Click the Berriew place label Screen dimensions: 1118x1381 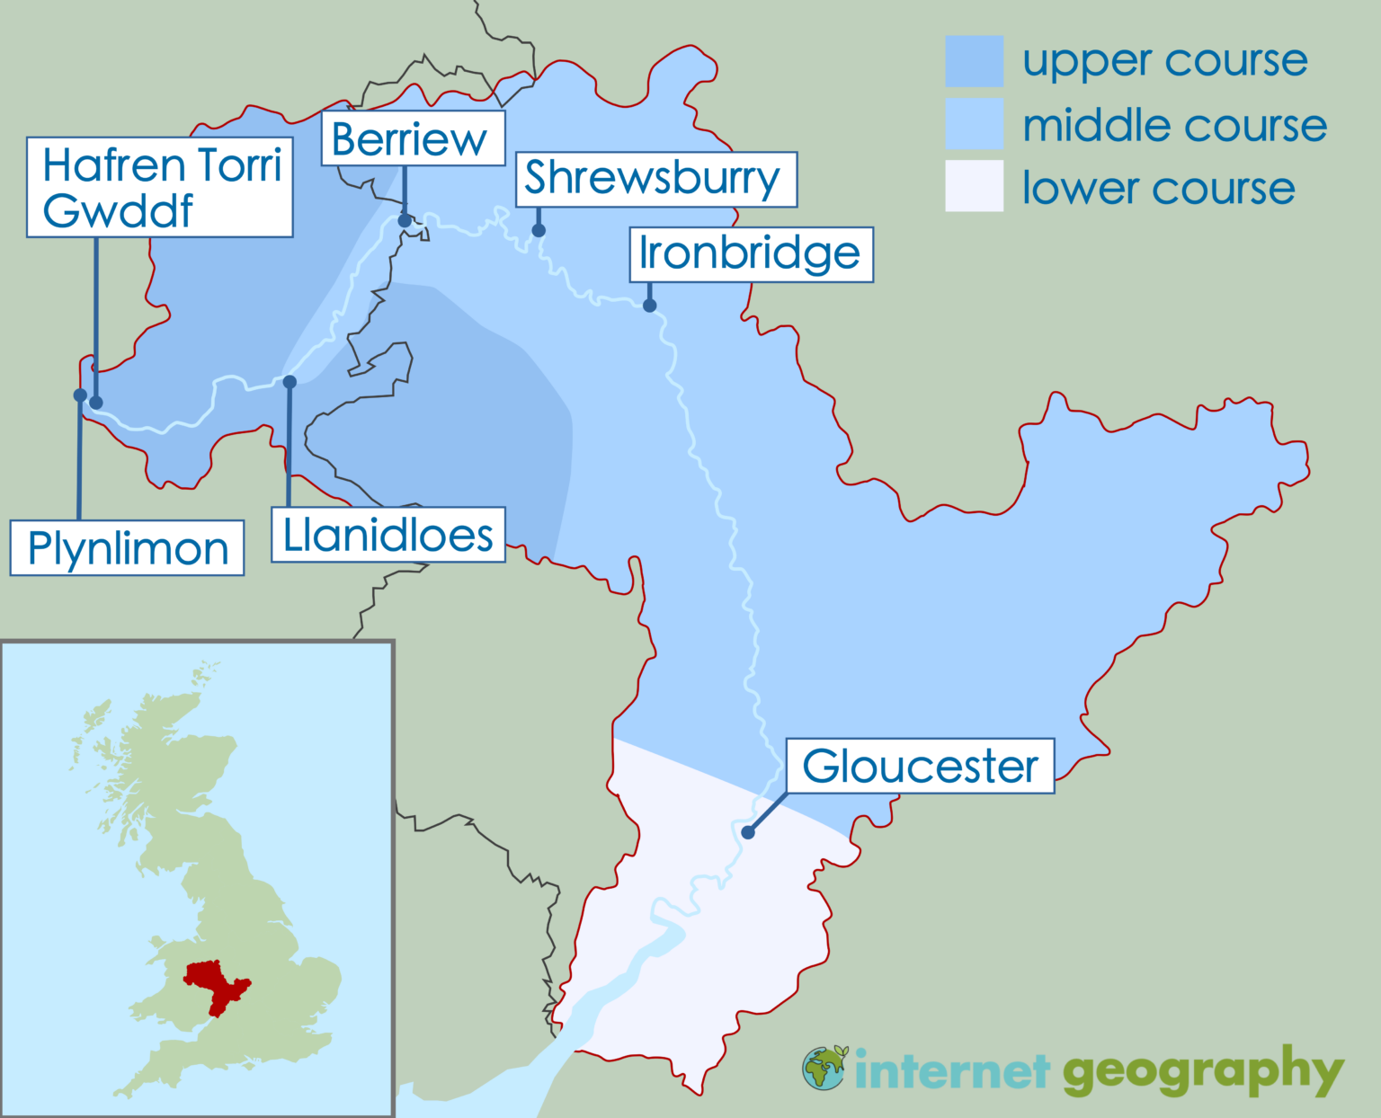pos(413,138)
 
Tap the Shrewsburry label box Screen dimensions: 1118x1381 pos(655,179)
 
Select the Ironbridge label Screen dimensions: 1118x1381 pos(751,254)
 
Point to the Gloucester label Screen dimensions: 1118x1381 pos(920,766)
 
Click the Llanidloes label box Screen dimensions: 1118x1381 pos(388,535)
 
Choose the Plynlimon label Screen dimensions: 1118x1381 pos(128,547)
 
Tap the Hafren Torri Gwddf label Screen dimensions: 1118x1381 pos(160,187)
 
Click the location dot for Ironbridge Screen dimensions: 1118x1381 pos(649,306)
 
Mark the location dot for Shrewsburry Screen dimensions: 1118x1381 pos(539,231)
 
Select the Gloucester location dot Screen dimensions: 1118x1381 pos(748,832)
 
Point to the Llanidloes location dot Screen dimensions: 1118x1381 pos(290,382)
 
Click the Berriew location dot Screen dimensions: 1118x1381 pos(405,220)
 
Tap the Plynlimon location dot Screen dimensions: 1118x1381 pos(80,395)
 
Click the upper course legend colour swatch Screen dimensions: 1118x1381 pos(974,61)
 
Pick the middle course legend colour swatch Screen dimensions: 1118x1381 pos(974,124)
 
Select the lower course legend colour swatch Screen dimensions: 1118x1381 pos(974,186)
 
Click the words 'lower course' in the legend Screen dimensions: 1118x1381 pos(1158,188)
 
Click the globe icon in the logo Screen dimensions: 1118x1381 pos(824,1068)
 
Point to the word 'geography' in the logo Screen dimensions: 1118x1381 pos(1203,1071)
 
